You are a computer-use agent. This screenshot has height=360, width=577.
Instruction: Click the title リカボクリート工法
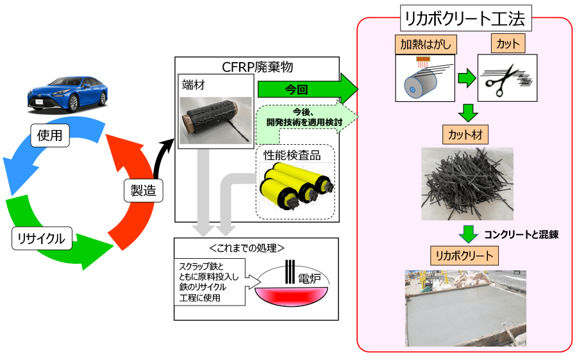pyautogui.click(x=464, y=19)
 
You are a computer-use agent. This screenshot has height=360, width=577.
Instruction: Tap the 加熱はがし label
pyautogui.click(x=421, y=44)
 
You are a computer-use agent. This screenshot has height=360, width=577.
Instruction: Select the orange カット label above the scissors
pyautogui.click(x=507, y=44)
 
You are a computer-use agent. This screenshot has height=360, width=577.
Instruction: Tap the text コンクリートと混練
pyautogui.click(x=521, y=234)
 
